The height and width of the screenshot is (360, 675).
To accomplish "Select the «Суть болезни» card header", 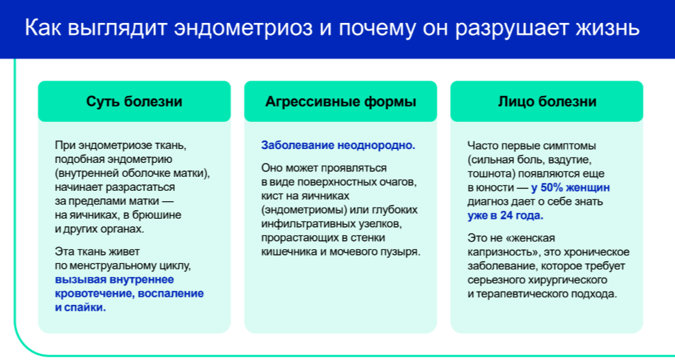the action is (134, 102).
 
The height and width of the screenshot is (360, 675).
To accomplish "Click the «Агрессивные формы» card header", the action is (341, 102).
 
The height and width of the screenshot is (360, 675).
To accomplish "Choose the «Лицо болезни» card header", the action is (547, 102).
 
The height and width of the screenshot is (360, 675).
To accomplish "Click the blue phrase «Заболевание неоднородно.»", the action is (338, 146).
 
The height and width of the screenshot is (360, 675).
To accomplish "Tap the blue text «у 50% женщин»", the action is (571, 188).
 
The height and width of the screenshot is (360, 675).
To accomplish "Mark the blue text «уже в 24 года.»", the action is (506, 215).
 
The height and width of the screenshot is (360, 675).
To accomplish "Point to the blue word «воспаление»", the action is (172, 294).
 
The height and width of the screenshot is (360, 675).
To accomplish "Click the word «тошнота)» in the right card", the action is (490, 174).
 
